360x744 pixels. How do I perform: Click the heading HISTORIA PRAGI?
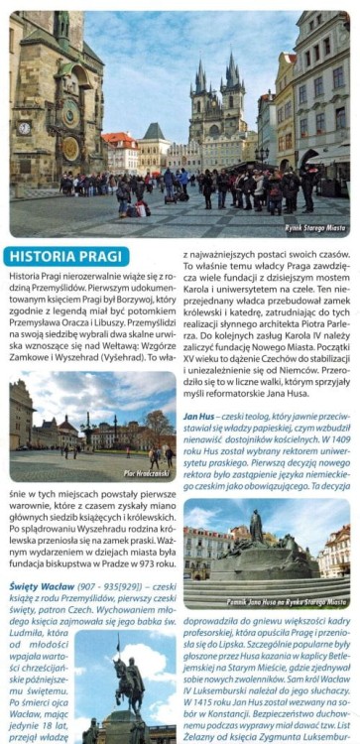click(x=60, y=256)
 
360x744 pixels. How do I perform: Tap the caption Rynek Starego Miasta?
click(x=315, y=231)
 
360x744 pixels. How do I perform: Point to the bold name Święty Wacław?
click(x=38, y=584)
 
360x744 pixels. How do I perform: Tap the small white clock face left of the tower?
click(x=24, y=128)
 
